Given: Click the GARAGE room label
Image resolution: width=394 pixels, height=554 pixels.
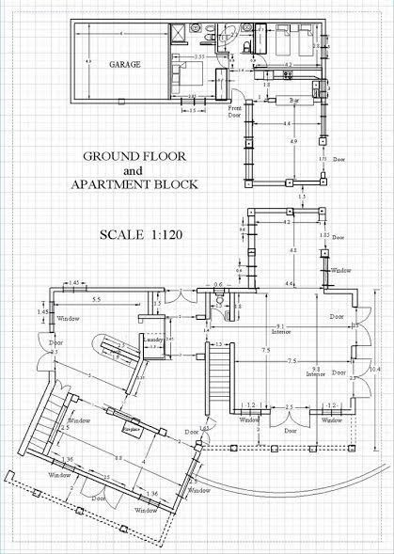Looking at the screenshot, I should [124, 65].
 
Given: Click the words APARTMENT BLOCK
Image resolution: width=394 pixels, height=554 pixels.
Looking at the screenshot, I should [134, 185].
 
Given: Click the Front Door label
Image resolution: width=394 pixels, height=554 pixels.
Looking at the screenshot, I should [236, 112].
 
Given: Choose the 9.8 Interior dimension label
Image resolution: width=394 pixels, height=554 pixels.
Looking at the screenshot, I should [316, 370].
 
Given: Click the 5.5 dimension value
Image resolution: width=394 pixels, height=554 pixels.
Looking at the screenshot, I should [97, 298].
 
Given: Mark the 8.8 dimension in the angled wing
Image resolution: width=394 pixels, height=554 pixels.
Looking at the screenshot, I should [118, 458].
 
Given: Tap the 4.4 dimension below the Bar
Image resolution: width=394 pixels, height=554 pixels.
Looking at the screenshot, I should [285, 123].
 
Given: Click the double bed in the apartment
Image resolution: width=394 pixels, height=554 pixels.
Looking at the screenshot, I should [182, 71].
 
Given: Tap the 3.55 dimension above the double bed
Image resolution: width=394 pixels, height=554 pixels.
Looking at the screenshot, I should [199, 57].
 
